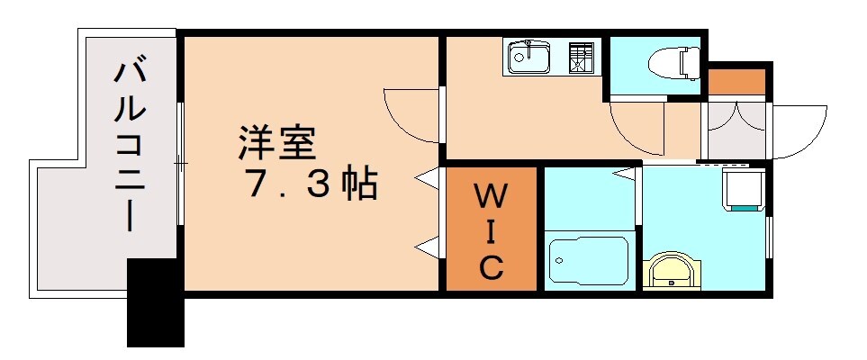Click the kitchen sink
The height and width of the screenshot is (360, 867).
pos(529,58)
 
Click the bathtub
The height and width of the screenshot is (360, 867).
pos(589,261)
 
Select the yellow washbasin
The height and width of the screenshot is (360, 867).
pos(671,271)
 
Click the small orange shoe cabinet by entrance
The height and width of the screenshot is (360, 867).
pos(736,80)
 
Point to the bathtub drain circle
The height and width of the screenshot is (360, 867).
pos(559,261)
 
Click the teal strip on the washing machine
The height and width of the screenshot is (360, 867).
pos(745,208)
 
